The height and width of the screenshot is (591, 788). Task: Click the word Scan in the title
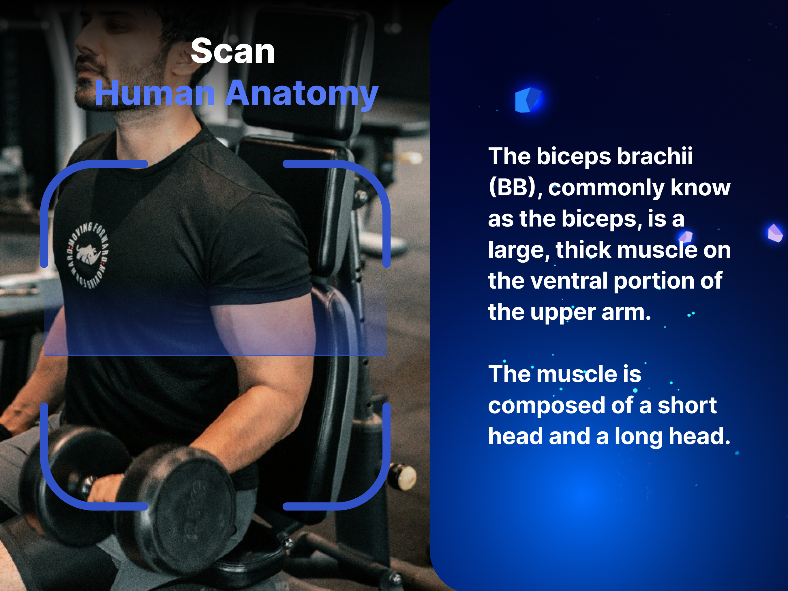click(233, 51)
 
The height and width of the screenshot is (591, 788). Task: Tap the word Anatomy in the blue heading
click(302, 94)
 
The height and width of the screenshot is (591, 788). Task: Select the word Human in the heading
click(155, 93)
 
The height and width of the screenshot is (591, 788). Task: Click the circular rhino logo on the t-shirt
click(88, 256)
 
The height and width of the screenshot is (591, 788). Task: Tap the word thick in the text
click(583, 250)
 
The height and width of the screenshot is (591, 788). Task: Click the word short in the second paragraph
click(687, 405)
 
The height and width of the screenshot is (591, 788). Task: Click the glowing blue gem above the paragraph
click(528, 100)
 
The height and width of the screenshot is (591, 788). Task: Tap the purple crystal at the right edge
click(775, 233)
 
